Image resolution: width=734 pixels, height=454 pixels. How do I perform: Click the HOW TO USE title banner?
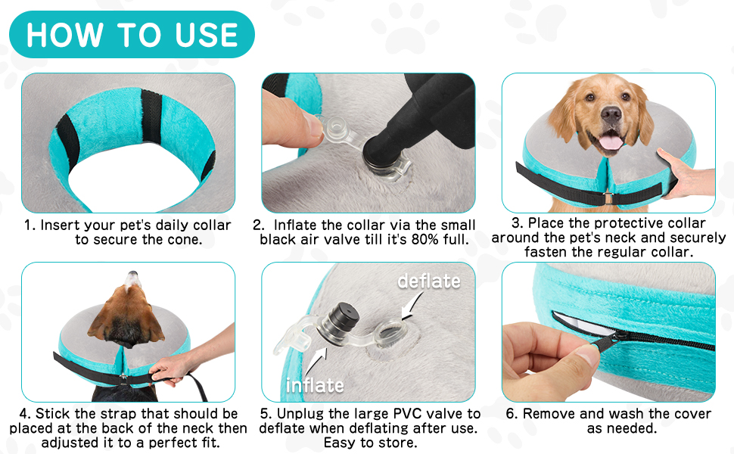(133, 35)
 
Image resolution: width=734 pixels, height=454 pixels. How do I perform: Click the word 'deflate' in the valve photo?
(428, 281)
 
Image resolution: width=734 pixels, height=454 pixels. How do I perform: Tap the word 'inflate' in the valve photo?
(315, 385)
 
